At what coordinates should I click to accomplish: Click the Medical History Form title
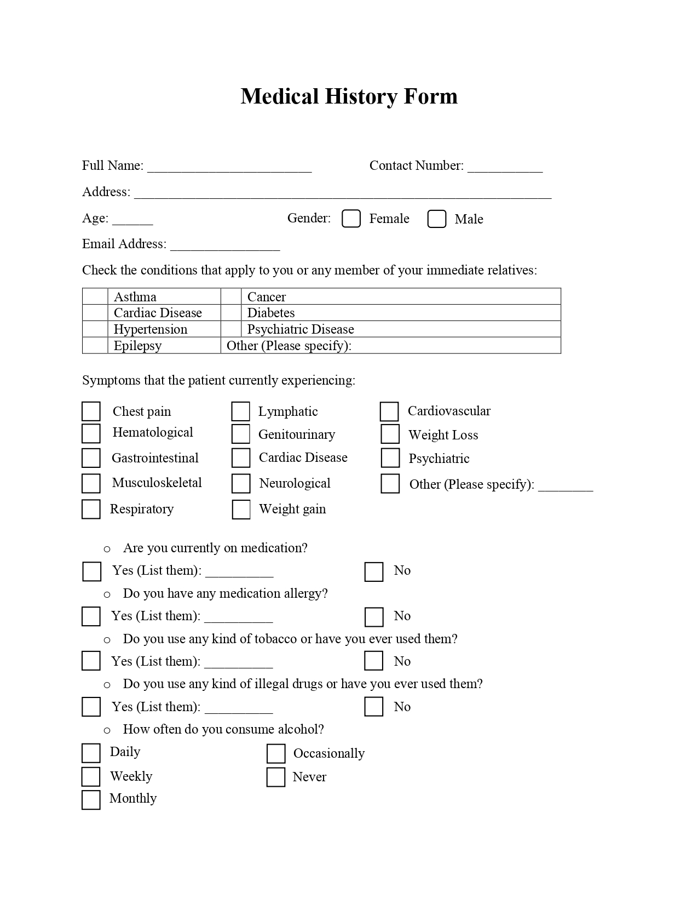pyautogui.click(x=349, y=96)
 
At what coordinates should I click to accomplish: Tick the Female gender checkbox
pyautogui.click(x=351, y=219)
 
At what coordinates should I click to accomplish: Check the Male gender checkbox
pyautogui.click(x=436, y=219)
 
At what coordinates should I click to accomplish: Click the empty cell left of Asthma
pyautogui.click(x=95, y=296)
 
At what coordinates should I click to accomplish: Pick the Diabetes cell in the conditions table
pyautogui.click(x=400, y=313)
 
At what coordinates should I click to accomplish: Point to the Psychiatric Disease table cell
pyautogui.click(x=400, y=329)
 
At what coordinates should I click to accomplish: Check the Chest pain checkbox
pyautogui.click(x=91, y=411)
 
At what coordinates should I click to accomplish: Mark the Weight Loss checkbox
pyautogui.click(x=390, y=434)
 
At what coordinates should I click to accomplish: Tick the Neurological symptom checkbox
pyautogui.click(x=241, y=483)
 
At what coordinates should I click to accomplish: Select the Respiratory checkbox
pyautogui.click(x=91, y=509)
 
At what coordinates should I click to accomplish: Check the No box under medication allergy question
pyautogui.click(x=374, y=617)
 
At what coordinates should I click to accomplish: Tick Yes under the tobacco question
pyautogui.click(x=91, y=661)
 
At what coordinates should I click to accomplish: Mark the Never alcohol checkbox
pyautogui.click(x=276, y=777)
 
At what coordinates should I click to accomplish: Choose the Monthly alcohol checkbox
pyautogui.click(x=91, y=799)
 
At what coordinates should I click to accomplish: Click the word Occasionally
pyautogui.click(x=329, y=753)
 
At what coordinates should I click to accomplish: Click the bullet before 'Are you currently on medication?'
pyautogui.click(x=107, y=549)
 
